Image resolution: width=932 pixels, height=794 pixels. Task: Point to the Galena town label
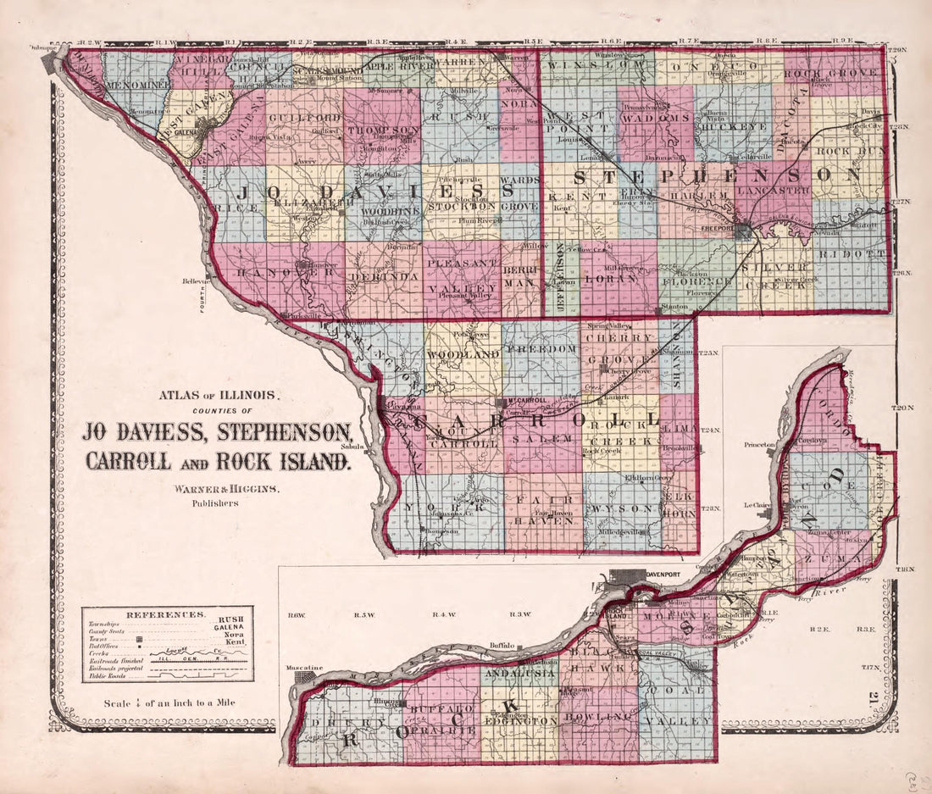coord(186,132)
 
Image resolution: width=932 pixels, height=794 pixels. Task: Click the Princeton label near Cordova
coord(760,444)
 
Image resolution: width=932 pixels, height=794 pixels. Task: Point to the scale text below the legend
coord(169,702)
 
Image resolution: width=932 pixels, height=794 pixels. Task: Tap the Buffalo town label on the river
coord(502,646)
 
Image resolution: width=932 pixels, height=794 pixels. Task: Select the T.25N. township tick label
coord(709,352)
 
